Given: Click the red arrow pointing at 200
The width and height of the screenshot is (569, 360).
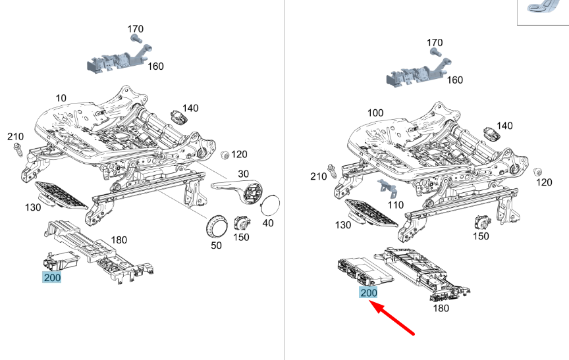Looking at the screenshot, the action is [x=392, y=319].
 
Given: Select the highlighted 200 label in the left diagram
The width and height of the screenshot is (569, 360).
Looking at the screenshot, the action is [x=51, y=278].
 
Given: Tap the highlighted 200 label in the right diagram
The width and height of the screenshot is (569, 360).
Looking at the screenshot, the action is [x=368, y=293].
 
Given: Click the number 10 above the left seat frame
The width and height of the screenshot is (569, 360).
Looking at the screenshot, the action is [x=61, y=98].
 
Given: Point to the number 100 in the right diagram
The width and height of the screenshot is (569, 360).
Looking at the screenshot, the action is [x=375, y=113].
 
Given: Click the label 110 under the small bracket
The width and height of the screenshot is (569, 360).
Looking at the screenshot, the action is [x=396, y=205].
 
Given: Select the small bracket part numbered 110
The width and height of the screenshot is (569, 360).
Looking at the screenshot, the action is [x=387, y=186].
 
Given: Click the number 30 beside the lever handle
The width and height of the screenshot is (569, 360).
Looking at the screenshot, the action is [x=243, y=174].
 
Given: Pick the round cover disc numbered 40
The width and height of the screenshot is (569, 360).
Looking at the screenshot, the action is [x=271, y=205].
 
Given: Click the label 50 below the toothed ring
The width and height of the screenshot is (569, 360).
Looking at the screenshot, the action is [x=216, y=245].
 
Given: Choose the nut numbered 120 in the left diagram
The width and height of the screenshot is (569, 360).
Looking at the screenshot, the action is [x=225, y=155].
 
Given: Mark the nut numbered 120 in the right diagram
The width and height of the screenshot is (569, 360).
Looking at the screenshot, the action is [x=537, y=172].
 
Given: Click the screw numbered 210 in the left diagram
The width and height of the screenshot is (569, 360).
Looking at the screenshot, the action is [x=18, y=150].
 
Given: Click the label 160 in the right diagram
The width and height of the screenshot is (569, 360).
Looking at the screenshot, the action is [x=454, y=80].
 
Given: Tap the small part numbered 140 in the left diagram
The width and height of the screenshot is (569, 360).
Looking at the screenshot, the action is [x=178, y=117].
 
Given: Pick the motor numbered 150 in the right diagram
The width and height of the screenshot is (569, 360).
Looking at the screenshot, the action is [x=482, y=222].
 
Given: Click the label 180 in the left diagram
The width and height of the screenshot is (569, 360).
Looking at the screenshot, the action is [x=119, y=240].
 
